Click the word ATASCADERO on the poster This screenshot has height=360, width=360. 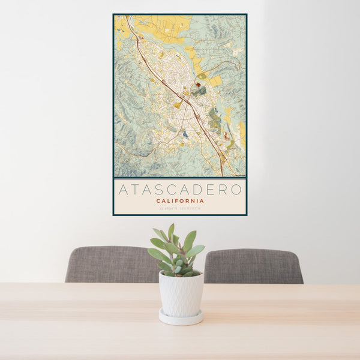(180, 190)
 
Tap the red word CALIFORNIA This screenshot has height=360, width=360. (180, 201)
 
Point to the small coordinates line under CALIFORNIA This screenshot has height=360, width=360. (180, 208)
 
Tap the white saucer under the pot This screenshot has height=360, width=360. (181, 318)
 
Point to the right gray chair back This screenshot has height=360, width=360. (253, 266)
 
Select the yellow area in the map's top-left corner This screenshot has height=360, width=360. (120, 24)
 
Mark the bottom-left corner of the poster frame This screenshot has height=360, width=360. (114, 214)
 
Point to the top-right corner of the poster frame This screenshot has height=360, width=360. (246, 14)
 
